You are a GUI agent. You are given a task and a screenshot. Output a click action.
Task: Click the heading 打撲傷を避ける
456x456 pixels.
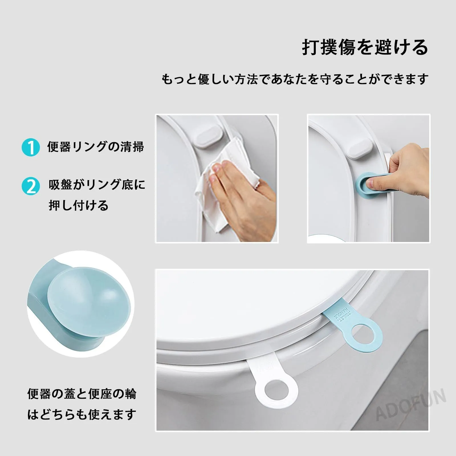365,47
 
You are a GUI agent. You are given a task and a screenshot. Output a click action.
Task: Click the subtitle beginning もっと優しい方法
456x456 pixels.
295,79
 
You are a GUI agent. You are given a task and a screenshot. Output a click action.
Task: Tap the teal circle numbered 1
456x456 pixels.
30,147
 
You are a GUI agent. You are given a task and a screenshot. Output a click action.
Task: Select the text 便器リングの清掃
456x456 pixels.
95,147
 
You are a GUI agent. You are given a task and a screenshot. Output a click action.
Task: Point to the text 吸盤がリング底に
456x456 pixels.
97,185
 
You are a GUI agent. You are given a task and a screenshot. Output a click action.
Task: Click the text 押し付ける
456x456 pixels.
79,205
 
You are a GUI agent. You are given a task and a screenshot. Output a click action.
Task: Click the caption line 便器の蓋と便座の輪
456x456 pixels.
82,394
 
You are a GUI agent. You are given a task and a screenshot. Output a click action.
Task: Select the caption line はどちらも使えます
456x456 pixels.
82,414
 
